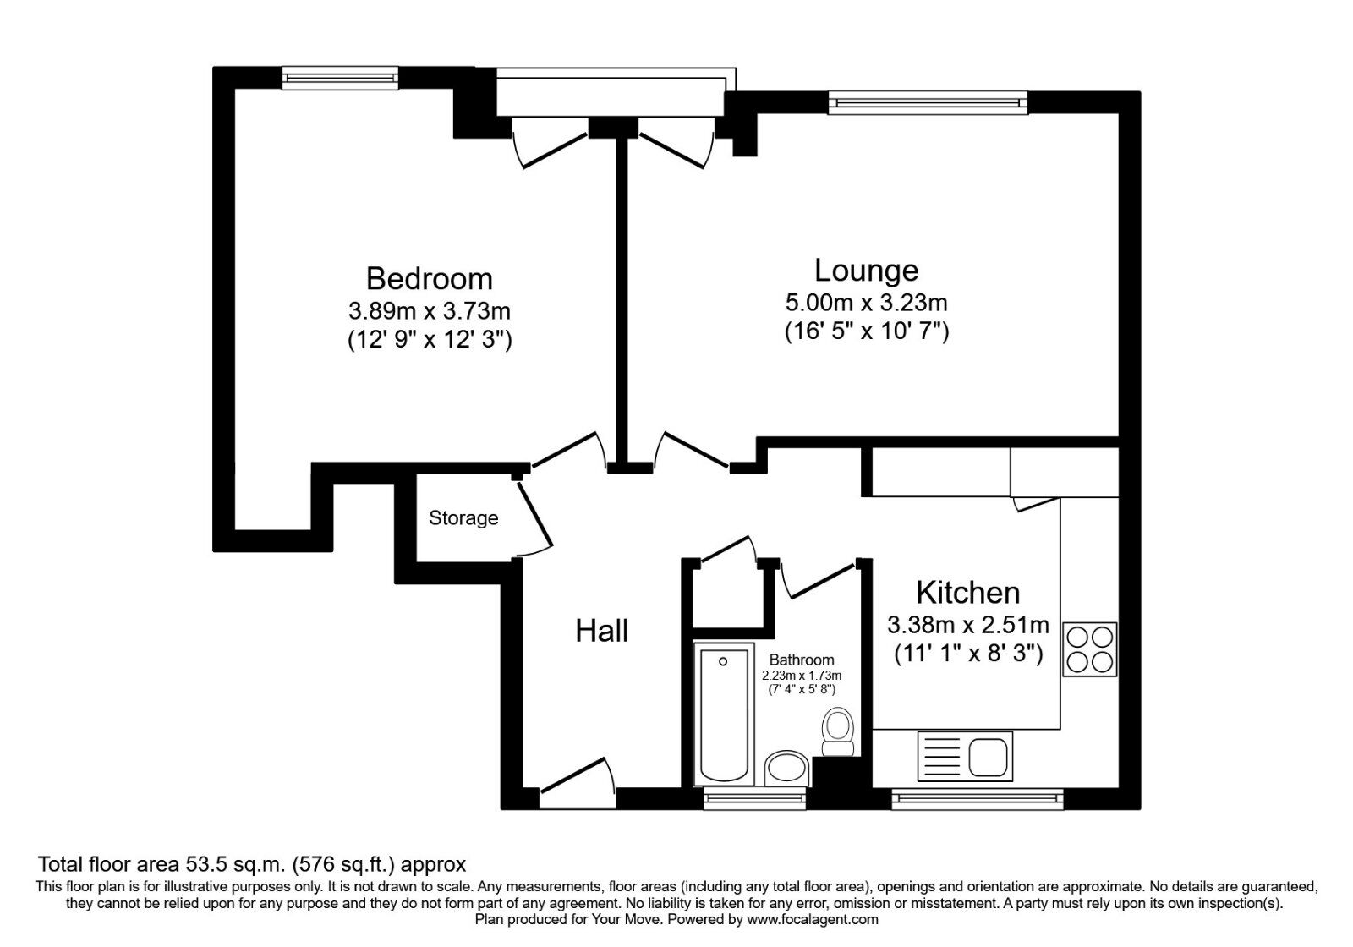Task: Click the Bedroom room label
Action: (430, 279)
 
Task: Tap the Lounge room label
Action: (866, 271)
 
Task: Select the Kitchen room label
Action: (967, 593)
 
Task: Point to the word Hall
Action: (601, 631)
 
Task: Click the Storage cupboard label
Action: (463, 517)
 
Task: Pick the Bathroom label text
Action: (802, 660)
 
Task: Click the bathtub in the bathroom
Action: (724, 714)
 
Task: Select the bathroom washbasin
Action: (786, 769)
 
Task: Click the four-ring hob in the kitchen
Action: (1090, 649)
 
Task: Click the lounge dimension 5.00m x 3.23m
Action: (866, 302)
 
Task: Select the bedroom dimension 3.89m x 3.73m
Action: (430, 311)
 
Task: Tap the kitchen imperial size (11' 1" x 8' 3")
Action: (968, 653)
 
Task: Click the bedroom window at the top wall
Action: (340, 78)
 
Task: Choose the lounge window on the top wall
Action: (928, 102)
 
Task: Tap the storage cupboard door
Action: (534, 512)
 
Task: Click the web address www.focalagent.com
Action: (813, 920)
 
